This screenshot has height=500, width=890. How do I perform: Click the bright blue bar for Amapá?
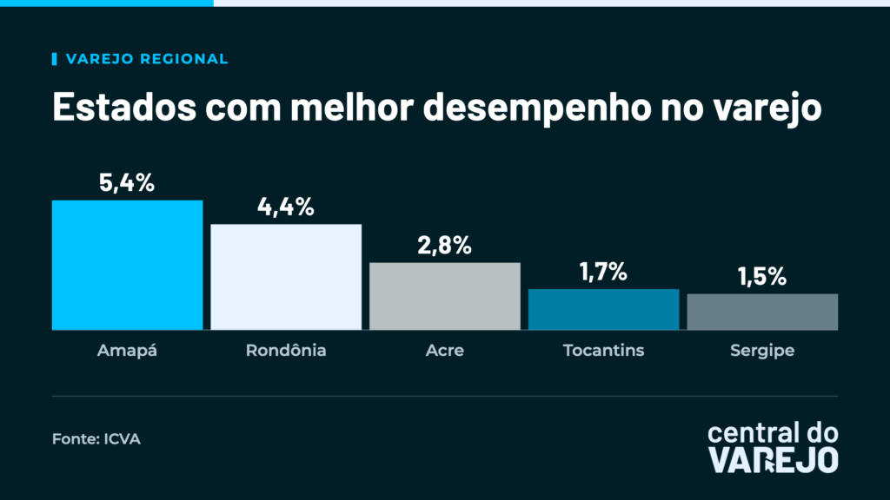click(x=127, y=265)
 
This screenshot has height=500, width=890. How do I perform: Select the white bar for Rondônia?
click(x=286, y=277)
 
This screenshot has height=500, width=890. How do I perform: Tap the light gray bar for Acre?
click(x=445, y=296)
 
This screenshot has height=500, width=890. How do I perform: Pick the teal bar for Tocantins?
click(x=604, y=310)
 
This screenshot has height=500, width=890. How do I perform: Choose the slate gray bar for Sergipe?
click(x=762, y=312)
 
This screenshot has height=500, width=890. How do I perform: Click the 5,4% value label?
click(x=127, y=182)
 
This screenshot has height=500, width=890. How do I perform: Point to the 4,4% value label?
click(x=285, y=207)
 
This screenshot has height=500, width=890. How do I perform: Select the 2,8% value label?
click(x=444, y=245)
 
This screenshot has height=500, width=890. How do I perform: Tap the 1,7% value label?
click(x=603, y=272)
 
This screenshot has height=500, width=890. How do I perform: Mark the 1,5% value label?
click(x=762, y=277)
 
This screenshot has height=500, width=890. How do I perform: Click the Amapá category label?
click(x=127, y=350)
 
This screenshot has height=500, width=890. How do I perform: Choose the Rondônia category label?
click(x=286, y=350)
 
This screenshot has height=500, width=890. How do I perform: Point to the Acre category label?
click(x=445, y=351)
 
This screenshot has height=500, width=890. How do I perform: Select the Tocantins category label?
click(x=604, y=351)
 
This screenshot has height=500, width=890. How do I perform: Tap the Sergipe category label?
click(x=762, y=351)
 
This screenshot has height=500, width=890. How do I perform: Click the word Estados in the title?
click(x=124, y=106)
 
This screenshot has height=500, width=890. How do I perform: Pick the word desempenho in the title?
click(x=537, y=108)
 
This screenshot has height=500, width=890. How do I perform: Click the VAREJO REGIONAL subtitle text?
click(x=147, y=59)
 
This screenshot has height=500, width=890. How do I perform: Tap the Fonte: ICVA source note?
click(x=96, y=438)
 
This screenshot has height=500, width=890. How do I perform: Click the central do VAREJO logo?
click(x=773, y=447)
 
